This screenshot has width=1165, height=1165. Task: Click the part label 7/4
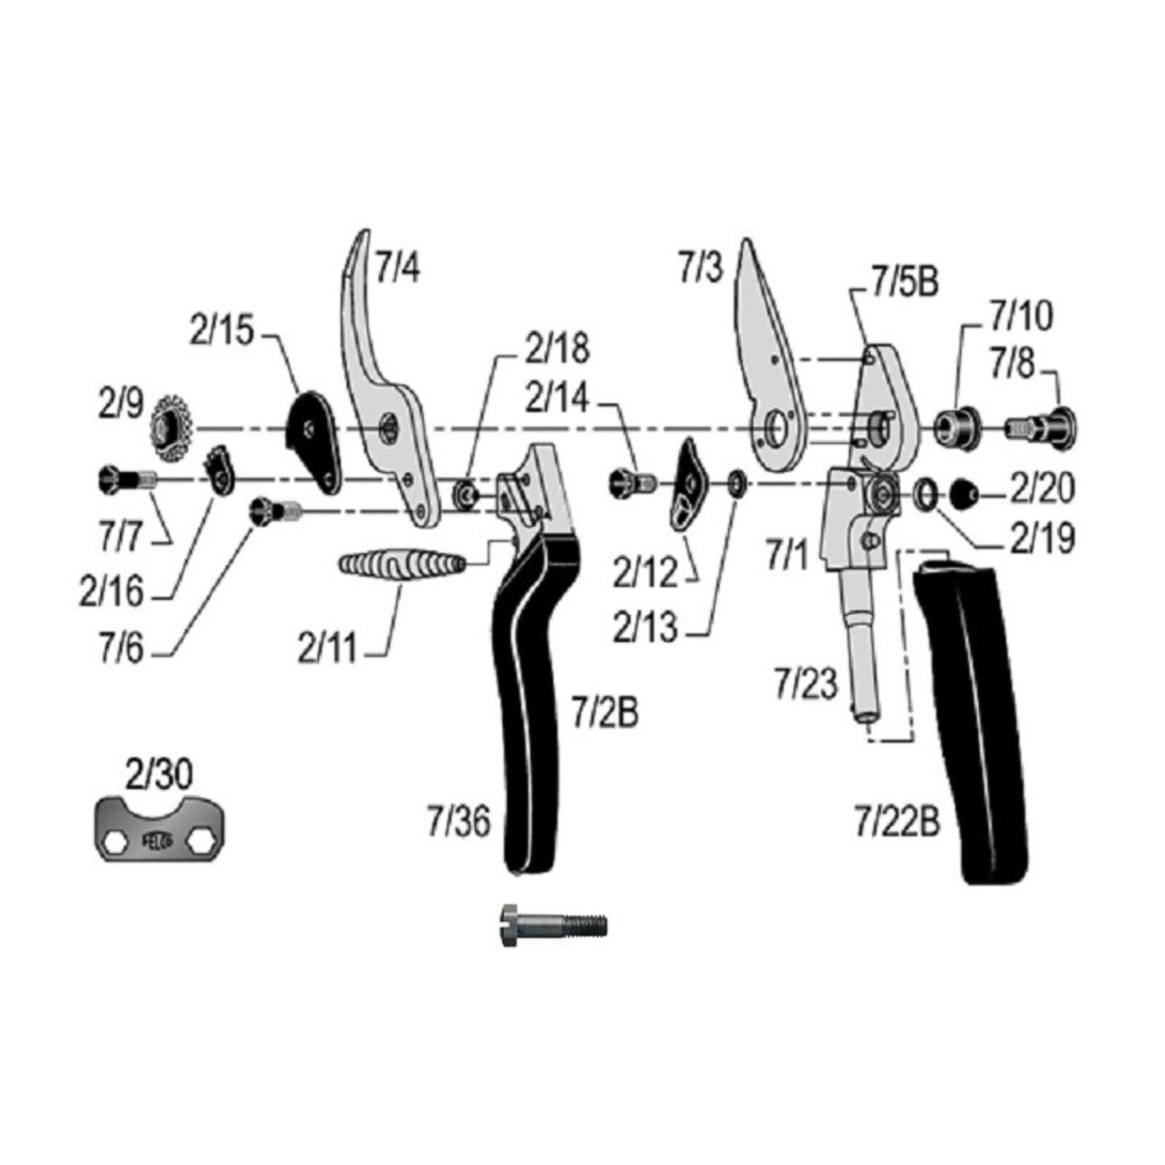(x=398, y=267)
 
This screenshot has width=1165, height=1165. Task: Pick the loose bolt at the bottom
(x=553, y=925)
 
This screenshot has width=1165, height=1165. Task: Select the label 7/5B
(x=905, y=283)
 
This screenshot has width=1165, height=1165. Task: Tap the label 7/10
(x=1021, y=317)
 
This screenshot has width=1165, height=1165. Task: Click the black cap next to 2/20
(x=966, y=494)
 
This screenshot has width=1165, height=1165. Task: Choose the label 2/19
(x=1042, y=540)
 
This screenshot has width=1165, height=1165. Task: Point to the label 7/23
(x=807, y=684)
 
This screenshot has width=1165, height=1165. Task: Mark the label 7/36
(x=459, y=821)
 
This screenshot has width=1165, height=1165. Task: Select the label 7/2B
(x=605, y=712)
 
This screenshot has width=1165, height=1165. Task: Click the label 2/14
(x=557, y=398)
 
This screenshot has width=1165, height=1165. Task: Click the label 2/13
(x=645, y=628)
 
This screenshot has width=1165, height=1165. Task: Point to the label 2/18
(x=558, y=348)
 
